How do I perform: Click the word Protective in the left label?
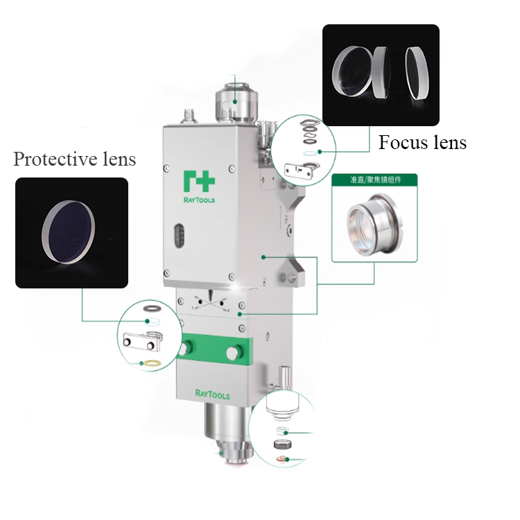(55, 159)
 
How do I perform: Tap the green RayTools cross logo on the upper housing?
(199, 181)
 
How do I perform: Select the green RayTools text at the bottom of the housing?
(213, 395)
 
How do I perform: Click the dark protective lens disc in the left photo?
(69, 232)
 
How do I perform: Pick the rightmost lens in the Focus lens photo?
(417, 73)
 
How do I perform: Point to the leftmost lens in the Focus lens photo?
(352, 71)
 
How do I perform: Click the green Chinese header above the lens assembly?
(375, 180)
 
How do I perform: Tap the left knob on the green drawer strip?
(185, 348)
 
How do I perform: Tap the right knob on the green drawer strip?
(234, 352)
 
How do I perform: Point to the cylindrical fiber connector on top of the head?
(236, 102)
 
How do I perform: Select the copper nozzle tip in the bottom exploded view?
(281, 459)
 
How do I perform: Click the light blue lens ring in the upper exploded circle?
(311, 153)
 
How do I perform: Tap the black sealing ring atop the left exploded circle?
(153, 309)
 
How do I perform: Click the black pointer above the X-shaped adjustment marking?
(210, 294)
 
